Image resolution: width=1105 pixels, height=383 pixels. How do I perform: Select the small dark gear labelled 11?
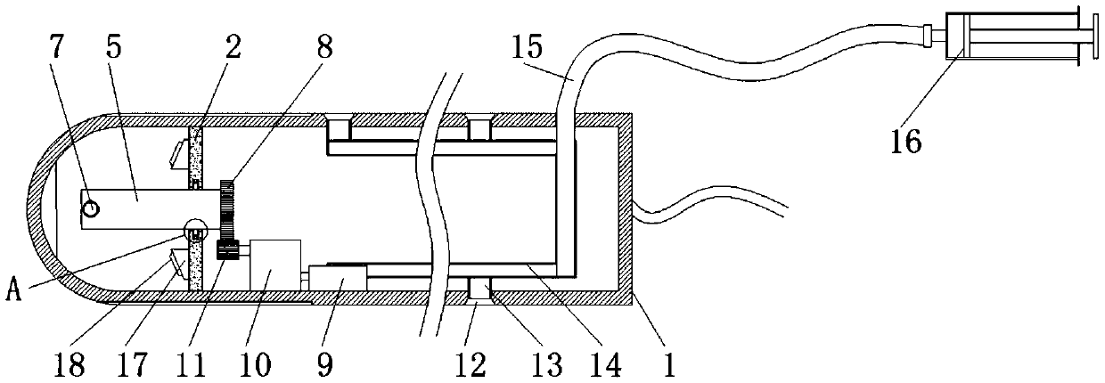coord(225,250)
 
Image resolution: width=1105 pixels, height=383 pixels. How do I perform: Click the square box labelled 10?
coord(275,265)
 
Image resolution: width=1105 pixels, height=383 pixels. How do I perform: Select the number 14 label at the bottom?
coord(610,363)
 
